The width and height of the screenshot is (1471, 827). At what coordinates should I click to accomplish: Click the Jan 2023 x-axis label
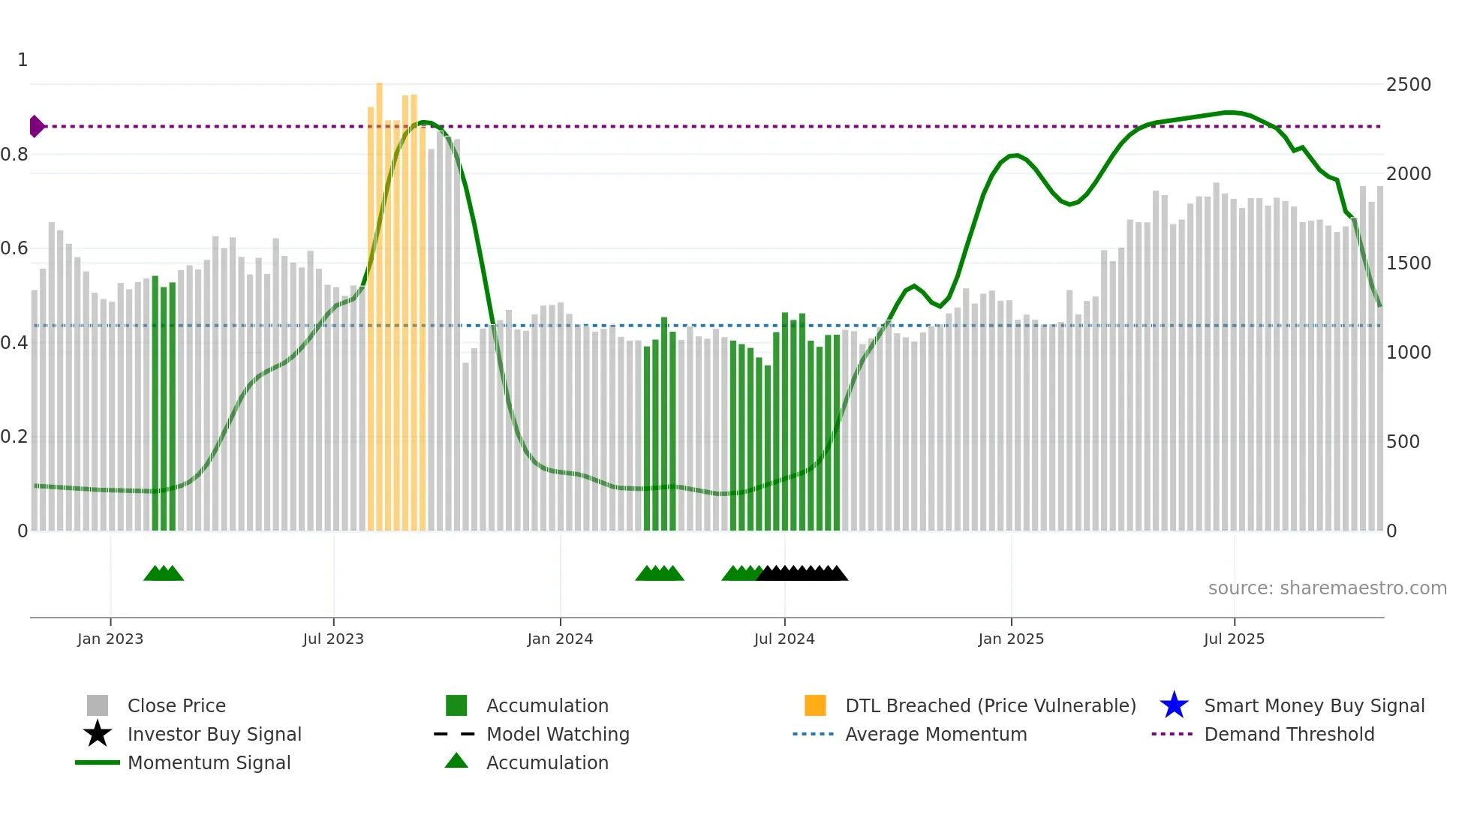110,639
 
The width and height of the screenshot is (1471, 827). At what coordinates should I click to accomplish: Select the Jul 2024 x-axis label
784,639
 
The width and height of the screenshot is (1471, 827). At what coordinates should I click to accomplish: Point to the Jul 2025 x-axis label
1234,639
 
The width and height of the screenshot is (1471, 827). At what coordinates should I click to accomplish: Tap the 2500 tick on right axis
1408,85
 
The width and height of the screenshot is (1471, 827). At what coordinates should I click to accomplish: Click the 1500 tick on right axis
1408,263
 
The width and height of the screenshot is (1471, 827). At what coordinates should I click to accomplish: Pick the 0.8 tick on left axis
14,155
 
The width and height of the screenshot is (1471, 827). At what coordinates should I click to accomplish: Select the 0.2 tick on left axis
14,437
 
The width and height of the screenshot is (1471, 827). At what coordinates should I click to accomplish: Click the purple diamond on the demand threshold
36,126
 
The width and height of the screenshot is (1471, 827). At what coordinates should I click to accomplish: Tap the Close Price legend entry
176,705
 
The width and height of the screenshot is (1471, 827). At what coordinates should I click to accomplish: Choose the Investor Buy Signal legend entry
214,734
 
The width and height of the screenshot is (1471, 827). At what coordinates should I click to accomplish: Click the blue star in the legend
1174,705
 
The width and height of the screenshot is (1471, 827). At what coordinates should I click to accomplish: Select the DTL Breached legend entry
990,705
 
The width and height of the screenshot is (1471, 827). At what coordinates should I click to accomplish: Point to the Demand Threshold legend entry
1289,734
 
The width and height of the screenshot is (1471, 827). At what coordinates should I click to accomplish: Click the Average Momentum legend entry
935,734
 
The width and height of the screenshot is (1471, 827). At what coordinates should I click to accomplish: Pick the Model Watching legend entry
557,734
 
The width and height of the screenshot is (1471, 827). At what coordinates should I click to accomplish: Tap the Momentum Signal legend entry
209,762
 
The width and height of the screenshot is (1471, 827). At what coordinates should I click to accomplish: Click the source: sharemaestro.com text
1327,588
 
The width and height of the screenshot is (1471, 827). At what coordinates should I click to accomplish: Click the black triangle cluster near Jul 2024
802,573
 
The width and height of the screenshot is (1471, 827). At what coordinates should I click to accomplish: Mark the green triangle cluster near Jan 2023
164,573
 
